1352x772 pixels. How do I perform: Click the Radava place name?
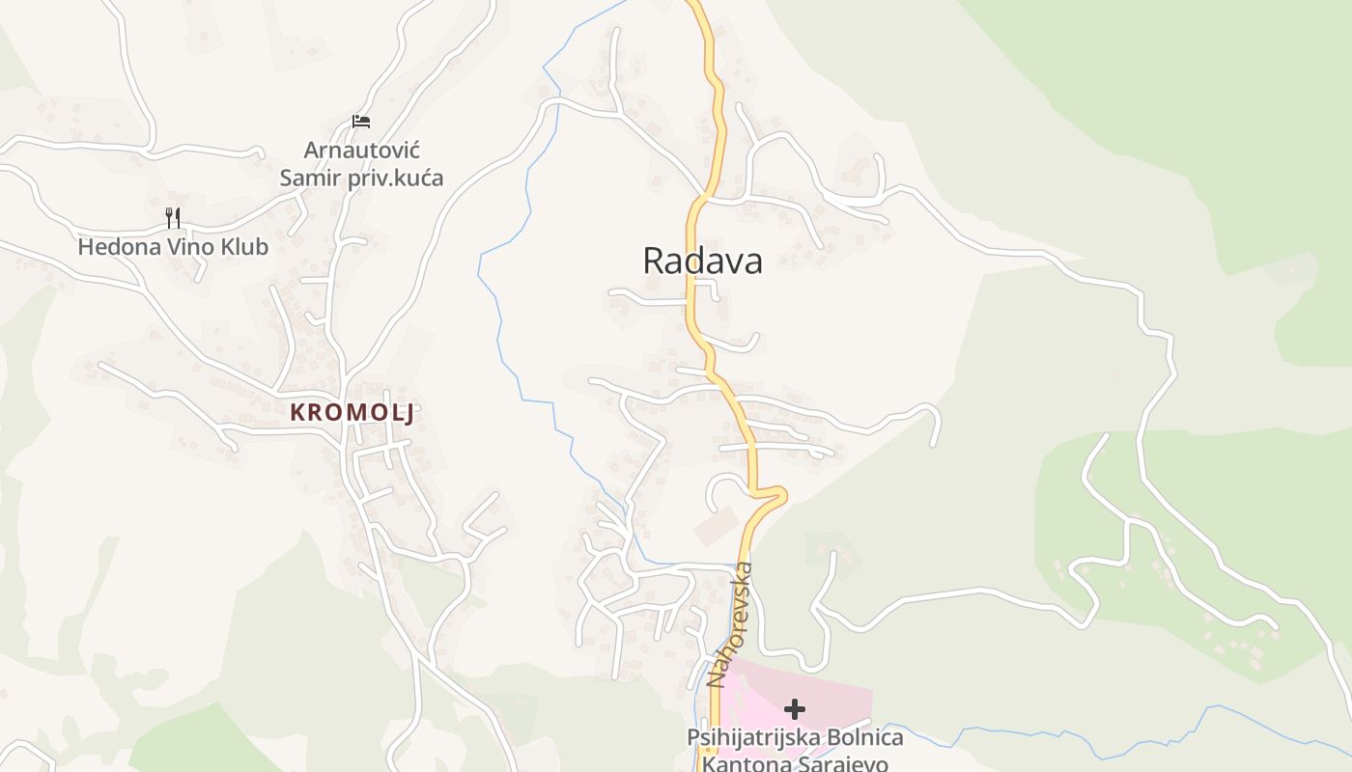(702, 261)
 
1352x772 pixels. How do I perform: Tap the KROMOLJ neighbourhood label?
(352, 413)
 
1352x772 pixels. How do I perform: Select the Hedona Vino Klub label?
(173, 247)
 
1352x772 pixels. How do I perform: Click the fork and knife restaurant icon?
(173, 218)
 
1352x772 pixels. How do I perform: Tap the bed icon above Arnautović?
(361, 122)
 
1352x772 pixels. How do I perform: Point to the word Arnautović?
(361, 151)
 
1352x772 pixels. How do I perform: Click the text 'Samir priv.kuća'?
(361, 178)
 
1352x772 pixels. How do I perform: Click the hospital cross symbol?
(795, 710)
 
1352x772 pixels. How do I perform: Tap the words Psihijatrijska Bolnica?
(795, 738)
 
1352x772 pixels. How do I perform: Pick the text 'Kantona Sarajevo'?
(795, 764)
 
